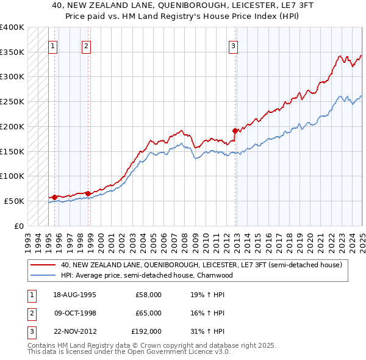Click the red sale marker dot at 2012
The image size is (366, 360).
click(235, 130)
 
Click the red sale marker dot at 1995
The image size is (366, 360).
click(54, 197)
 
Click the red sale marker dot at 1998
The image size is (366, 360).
click(88, 193)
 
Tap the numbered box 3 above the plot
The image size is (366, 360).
click(234, 45)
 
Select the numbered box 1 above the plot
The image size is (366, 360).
click(53, 45)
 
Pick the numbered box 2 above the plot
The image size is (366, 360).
click(87, 45)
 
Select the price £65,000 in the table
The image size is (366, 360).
click(148, 313)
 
